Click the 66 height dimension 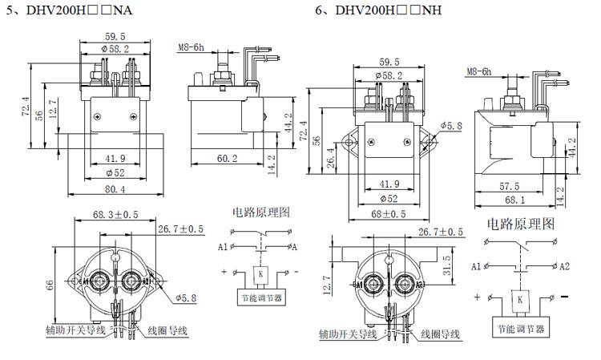(x=57, y=284)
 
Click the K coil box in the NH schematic (x=522, y=299)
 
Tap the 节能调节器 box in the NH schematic (x=522, y=329)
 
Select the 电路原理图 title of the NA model (x=260, y=212)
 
